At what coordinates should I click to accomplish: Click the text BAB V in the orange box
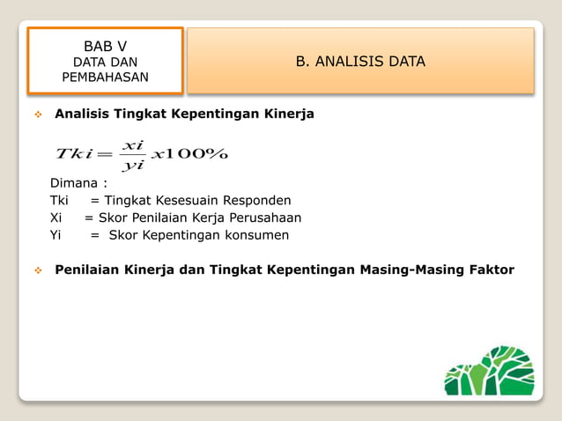tap(105, 46)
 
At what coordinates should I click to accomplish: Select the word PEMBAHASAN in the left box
tap(105, 78)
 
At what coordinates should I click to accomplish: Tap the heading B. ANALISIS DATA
tap(359, 61)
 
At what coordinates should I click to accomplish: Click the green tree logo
tap(489, 371)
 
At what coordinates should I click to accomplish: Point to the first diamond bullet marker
tap(37, 114)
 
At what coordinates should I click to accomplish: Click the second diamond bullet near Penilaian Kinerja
tap(37, 270)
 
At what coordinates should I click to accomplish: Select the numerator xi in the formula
tap(133, 144)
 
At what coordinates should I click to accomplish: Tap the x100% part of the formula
tap(189, 154)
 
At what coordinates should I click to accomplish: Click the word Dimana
tap(75, 183)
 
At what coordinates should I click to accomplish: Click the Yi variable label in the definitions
tap(55, 235)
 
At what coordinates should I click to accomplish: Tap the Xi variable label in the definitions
tap(55, 218)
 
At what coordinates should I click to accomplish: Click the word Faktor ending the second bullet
tap(491, 270)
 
